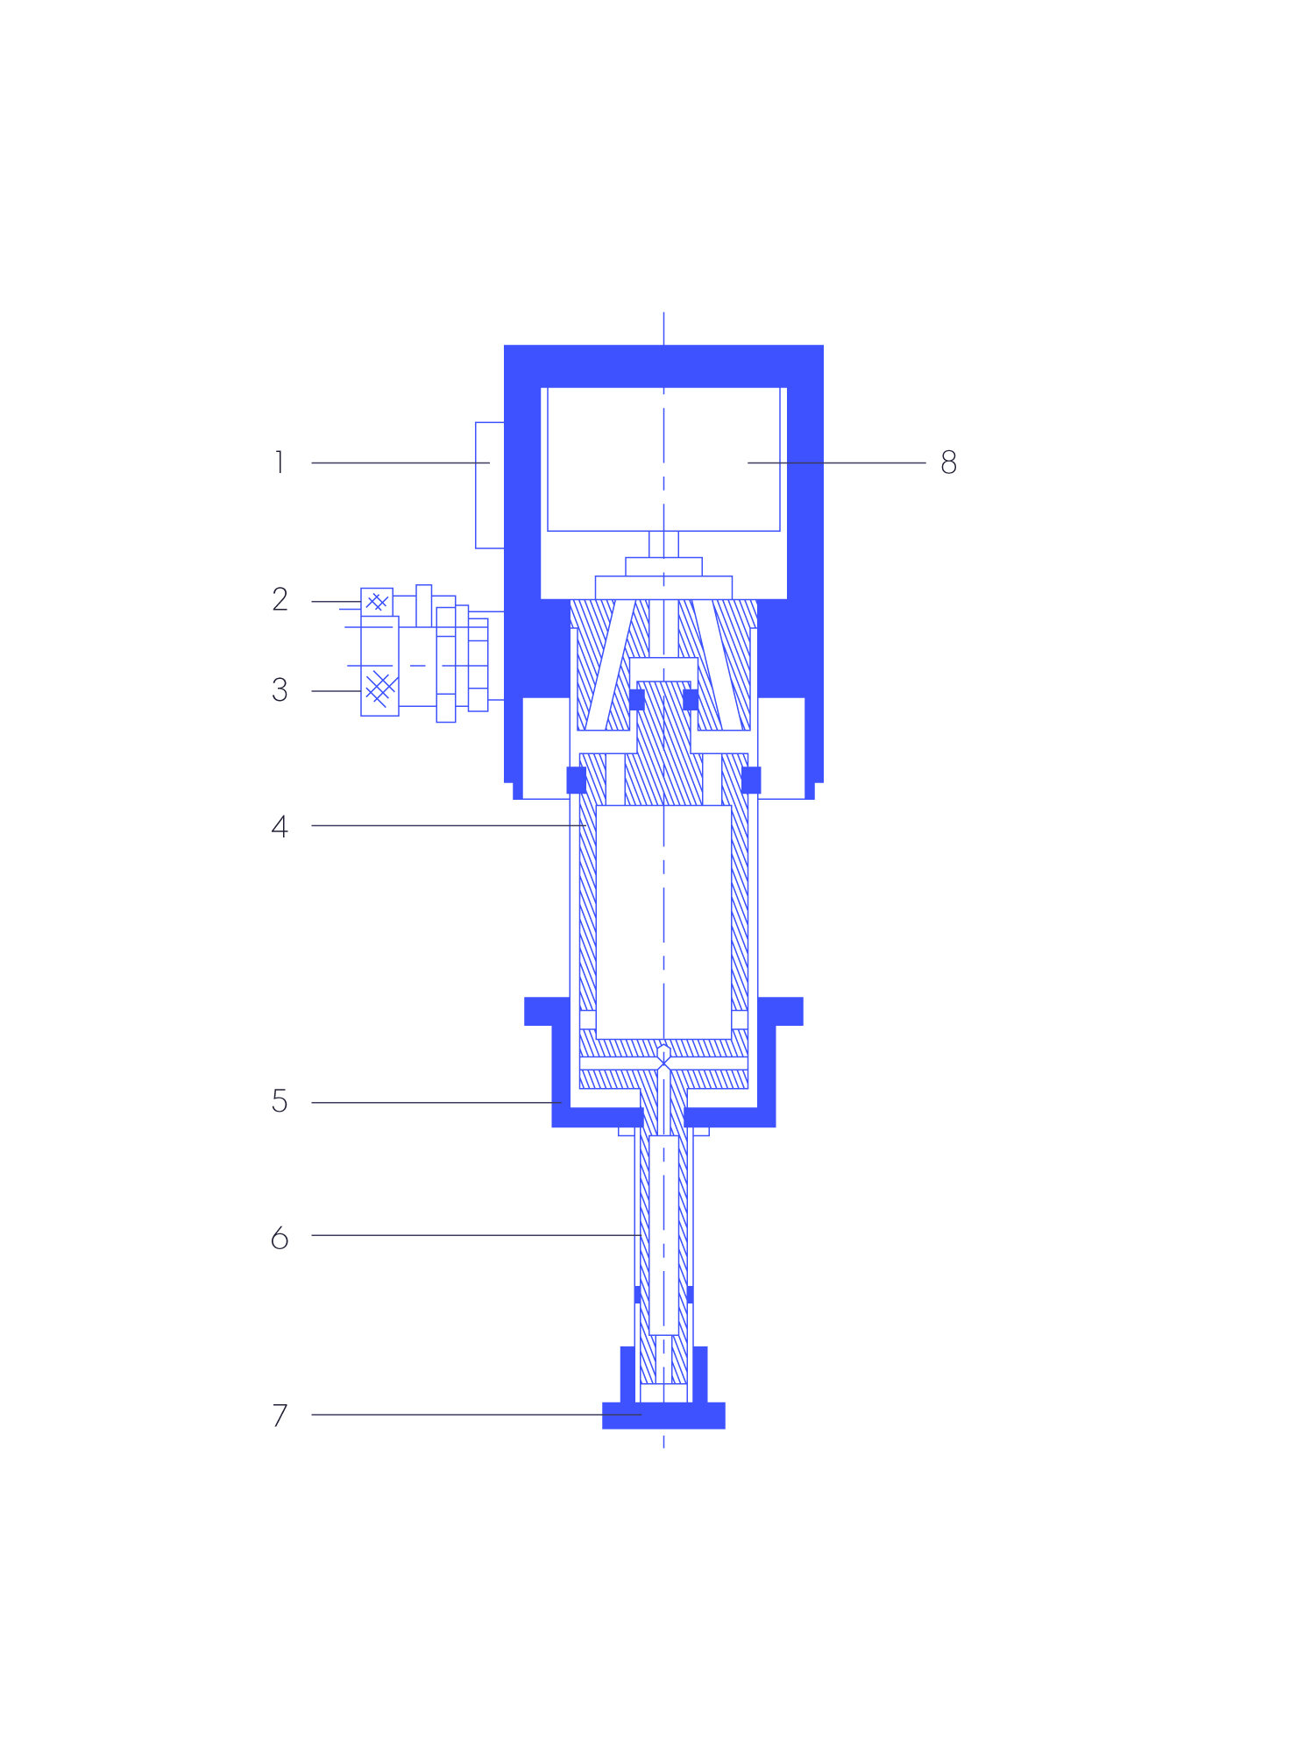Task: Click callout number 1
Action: (x=280, y=462)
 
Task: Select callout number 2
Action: (x=280, y=599)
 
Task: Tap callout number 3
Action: (x=280, y=690)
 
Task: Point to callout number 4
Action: (x=280, y=826)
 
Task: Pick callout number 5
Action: (x=280, y=1101)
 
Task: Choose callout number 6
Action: (x=280, y=1238)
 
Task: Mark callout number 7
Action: (x=280, y=1415)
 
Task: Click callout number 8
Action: (x=948, y=462)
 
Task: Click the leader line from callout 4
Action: (x=448, y=825)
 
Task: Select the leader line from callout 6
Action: (x=476, y=1235)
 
